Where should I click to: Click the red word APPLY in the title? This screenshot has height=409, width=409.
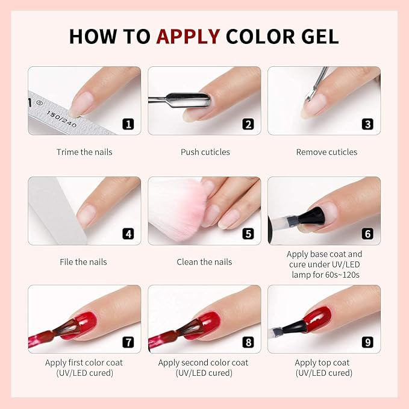[x=188, y=36]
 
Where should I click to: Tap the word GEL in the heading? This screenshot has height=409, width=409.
[x=320, y=36]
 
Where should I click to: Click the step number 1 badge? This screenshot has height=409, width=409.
[x=128, y=124]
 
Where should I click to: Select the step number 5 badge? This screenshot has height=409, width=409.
[x=248, y=234]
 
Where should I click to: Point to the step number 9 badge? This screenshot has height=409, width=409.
[x=367, y=342]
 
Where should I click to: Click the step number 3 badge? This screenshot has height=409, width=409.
[x=367, y=124]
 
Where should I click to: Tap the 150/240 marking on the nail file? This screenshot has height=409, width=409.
[x=61, y=119]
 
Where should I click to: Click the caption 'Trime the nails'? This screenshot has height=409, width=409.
[x=84, y=152]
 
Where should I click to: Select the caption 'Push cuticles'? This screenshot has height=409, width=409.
[x=205, y=152]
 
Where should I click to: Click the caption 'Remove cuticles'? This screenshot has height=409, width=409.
[x=326, y=152]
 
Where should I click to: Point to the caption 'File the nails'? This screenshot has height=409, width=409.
[x=83, y=262]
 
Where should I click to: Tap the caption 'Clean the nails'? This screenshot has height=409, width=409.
[x=204, y=262]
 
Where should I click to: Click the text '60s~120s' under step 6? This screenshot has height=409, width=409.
[x=342, y=275]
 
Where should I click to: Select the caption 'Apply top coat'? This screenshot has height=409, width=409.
[x=322, y=363]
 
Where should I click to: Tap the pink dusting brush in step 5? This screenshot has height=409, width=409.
[x=177, y=206]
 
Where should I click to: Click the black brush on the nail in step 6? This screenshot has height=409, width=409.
[x=311, y=216]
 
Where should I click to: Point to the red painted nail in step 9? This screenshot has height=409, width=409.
[x=317, y=319]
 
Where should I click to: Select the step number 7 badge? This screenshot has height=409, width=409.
[x=128, y=342]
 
